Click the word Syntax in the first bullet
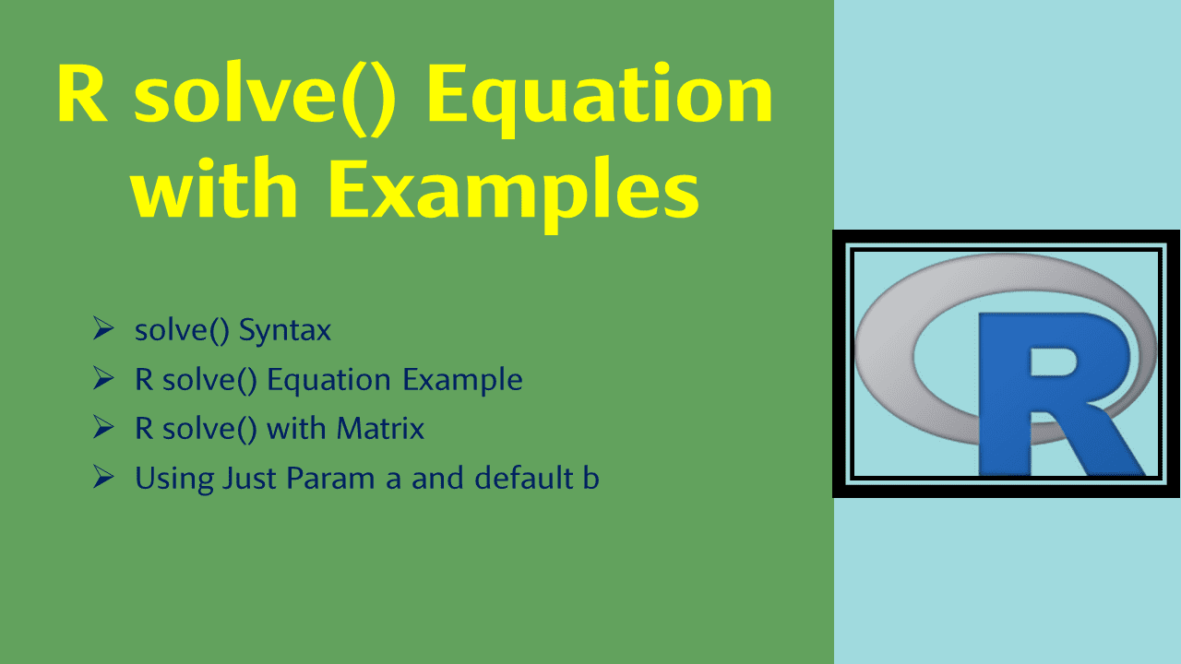(284, 330)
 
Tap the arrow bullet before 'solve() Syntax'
(103, 329)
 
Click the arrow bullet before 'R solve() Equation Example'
(103, 378)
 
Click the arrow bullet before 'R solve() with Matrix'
(103, 427)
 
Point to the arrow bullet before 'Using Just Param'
(103, 477)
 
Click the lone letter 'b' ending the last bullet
(591, 478)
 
